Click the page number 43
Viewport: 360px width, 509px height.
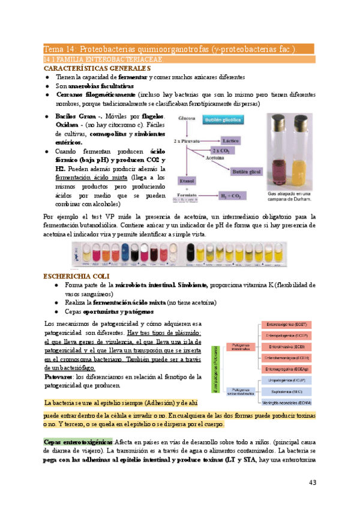tap(312, 482)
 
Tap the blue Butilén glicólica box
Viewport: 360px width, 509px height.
tap(223, 120)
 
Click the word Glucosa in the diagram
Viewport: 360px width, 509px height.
tap(187, 119)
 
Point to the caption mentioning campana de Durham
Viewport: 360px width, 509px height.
tap(290, 197)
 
